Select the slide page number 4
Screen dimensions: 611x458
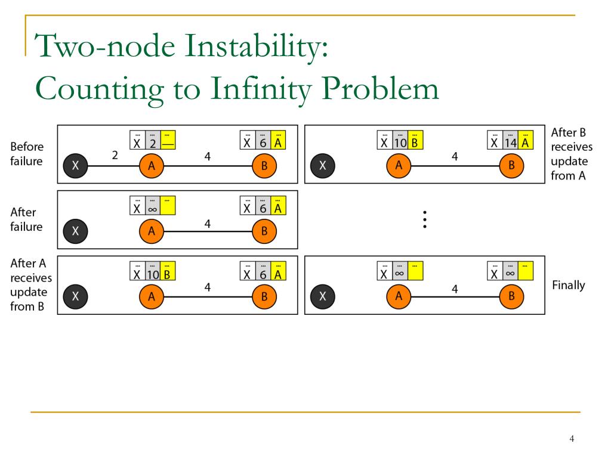pyautogui.click(x=572, y=440)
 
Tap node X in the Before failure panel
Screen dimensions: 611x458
pyautogui.click(x=75, y=166)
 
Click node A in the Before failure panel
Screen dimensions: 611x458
pyautogui.click(x=152, y=166)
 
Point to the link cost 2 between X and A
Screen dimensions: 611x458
pyautogui.click(x=115, y=156)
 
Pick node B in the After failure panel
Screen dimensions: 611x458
pyautogui.click(x=264, y=232)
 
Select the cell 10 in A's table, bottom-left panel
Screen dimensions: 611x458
pyautogui.click(x=153, y=274)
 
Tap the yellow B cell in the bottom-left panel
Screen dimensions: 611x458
pyautogui.click(x=168, y=274)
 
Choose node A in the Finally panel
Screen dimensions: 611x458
pyautogui.click(x=399, y=296)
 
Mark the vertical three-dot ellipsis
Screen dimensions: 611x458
pyautogui.click(x=424, y=219)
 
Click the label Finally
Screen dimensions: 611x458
pyautogui.click(x=569, y=285)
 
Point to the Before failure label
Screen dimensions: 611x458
pyautogui.click(x=27, y=154)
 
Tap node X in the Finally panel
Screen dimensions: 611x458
pyautogui.click(x=323, y=296)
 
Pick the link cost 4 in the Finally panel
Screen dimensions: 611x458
pyautogui.click(x=455, y=289)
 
